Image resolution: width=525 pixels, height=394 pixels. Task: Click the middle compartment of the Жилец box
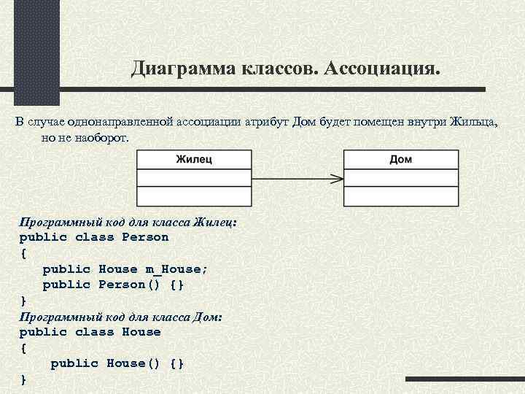click(194, 178)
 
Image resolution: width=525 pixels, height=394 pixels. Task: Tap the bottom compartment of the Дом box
click(400, 196)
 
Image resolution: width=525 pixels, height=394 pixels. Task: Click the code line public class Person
click(94, 237)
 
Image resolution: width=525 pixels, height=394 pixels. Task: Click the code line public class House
click(90, 332)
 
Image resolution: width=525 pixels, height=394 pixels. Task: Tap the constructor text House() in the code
click(134, 363)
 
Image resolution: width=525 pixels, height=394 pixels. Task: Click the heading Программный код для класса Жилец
click(128, 221)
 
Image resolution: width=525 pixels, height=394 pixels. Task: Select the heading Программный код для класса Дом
click(121, 316)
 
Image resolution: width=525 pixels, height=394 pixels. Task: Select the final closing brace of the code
click(23, 379)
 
